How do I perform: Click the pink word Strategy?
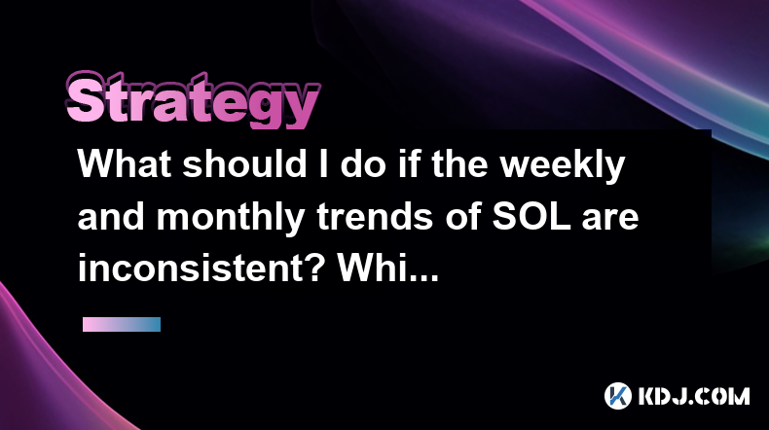(x=193, y=100)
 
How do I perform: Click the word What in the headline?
(x=125, y=163)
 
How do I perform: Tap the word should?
(x=244, y=163)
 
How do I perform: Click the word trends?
(x=375, y=217)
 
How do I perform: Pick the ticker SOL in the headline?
(x=531, y=217)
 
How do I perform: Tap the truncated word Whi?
(x=364, y=269)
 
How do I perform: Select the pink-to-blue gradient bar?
(x=122, y=324)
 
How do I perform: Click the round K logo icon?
(x=617, y=395)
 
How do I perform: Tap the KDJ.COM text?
(x=693, y=396)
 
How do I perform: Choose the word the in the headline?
(x=459, y=163)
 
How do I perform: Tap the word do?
(x=362, y=163)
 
